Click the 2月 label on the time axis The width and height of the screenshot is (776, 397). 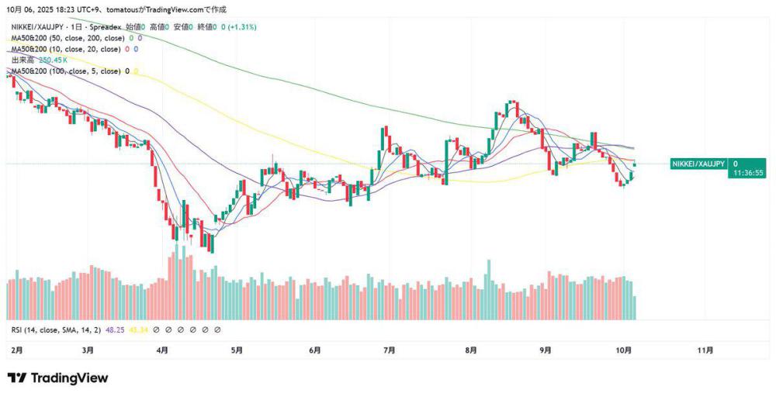[17, 350]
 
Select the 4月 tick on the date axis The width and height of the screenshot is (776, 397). [161, 350]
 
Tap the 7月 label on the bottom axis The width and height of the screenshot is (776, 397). [390, 350]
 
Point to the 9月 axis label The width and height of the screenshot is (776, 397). [546, 350]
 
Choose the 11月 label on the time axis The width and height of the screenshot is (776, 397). [705, 350]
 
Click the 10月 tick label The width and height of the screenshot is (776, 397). [625, 350]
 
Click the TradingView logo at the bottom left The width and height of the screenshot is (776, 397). [57, 378]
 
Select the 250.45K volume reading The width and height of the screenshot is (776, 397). [52, 60]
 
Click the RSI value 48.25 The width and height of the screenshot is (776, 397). [115, 330]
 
